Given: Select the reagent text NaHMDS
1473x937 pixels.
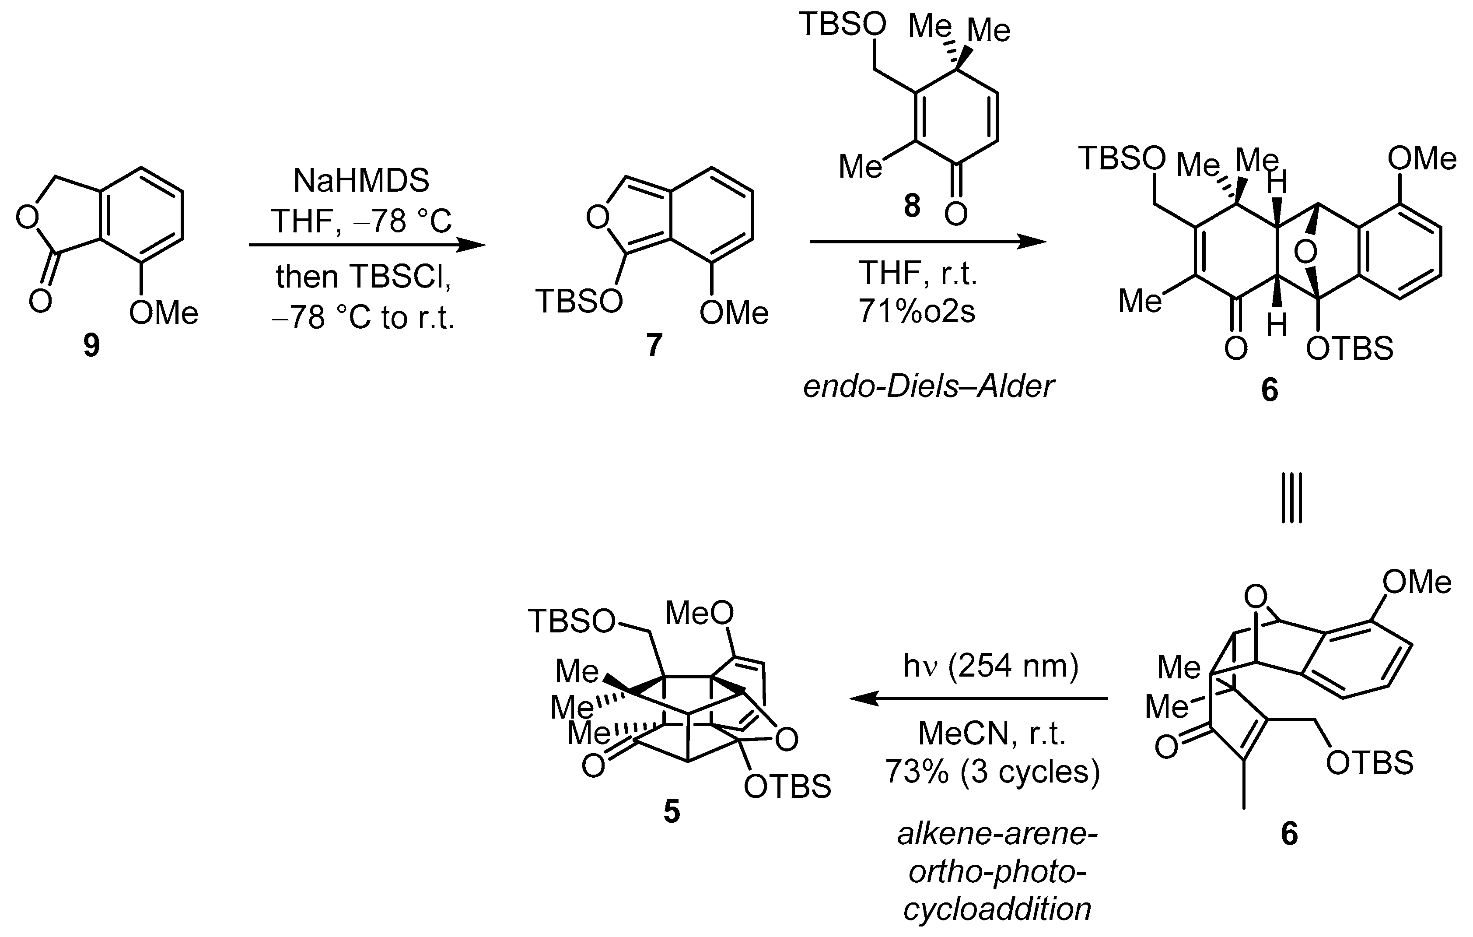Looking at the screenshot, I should [361, 181].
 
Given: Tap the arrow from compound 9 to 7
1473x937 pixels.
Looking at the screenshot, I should [367, 246].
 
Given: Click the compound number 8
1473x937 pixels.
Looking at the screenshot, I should [911, 207].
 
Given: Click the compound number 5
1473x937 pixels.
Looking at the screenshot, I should [671, 812].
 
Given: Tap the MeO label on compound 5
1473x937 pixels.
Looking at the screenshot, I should [699, 613].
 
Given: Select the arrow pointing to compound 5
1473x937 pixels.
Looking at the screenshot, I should [979, 698].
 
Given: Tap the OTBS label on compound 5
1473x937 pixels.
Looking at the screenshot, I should [787, 787].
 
